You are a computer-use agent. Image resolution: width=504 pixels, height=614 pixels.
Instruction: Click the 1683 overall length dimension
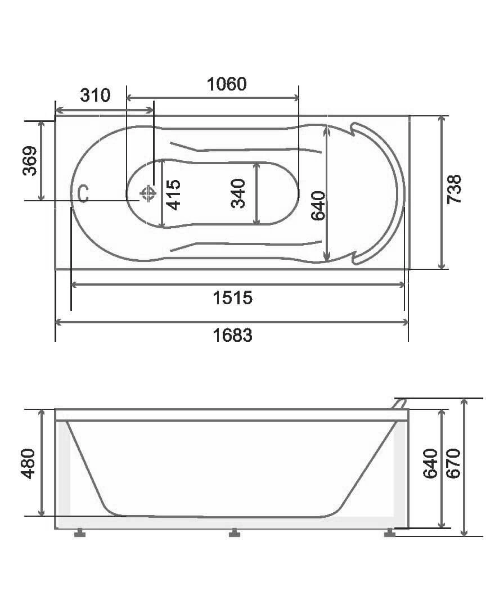point(232,336)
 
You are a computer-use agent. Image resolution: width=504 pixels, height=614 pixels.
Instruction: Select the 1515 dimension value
point(232,298)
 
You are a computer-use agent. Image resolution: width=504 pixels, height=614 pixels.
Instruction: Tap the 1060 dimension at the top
point(226,84)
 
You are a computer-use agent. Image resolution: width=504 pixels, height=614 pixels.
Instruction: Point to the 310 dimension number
point(95,95)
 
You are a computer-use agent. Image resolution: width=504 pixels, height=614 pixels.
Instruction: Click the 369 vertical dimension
point(30,161)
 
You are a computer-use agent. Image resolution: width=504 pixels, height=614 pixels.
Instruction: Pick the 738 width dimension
point(454,189)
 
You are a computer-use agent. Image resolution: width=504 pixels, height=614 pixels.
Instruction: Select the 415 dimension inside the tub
point(173,195)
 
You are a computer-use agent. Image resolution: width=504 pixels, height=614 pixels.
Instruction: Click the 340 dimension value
point(238,193)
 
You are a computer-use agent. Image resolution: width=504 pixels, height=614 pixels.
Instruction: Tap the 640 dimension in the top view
point(318,206)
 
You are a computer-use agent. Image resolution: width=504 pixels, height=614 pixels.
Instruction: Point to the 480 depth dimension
point(29,464)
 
